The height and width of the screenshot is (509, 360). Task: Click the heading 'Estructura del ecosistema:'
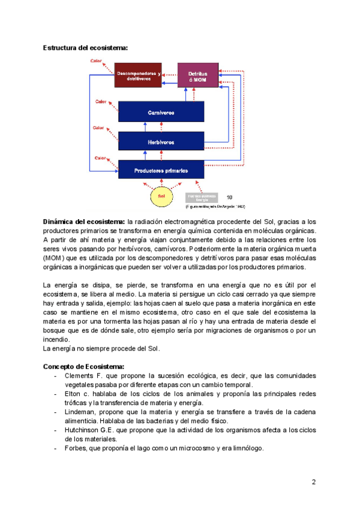click(x=85, y=47)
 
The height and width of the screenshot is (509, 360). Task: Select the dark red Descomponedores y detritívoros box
click(x=138, y=75)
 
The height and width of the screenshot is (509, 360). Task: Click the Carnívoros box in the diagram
click(x=161, y=112)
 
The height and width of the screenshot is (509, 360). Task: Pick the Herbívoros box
click(x=161, y=142)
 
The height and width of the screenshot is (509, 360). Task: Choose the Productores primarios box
click(x=161, y=170)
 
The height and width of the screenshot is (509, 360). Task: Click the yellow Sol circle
click(x=161, y=196)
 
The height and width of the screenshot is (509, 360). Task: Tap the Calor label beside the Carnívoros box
click(x=101, y=101)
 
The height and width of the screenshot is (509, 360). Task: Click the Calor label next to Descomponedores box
click(x=96, y=61)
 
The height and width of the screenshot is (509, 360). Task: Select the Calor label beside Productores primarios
click(x=101, y=157)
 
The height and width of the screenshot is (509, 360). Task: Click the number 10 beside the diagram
click(x=230, y=196)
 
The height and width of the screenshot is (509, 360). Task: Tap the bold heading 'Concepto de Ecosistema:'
click(x=83, y=366)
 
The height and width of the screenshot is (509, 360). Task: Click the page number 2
click(x=313, y=483)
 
